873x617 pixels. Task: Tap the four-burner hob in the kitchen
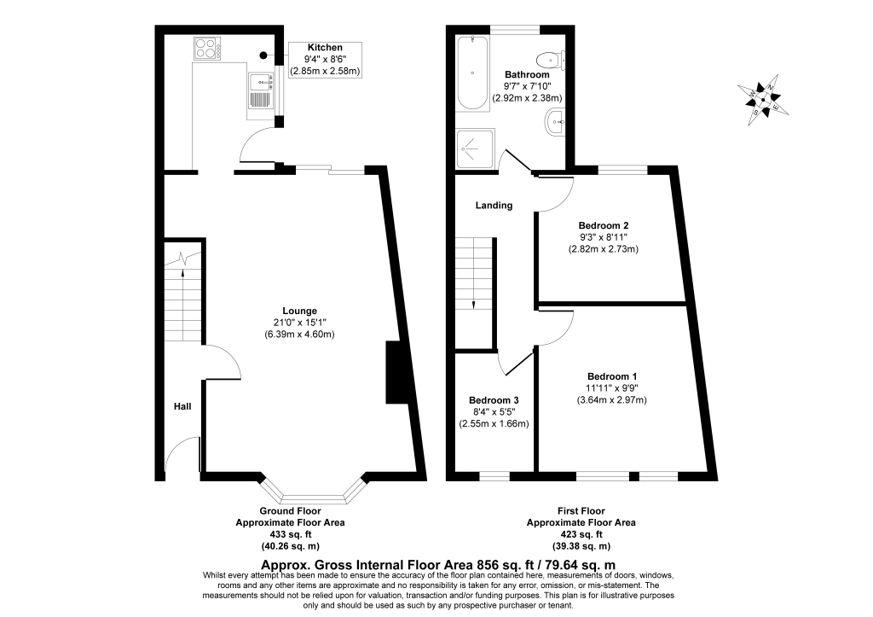(207, 48)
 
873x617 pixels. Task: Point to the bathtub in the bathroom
(472, 73)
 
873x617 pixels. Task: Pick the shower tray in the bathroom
(475, 148)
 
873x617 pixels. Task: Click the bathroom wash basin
(554, 122)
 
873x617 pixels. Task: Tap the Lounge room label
(299, 311)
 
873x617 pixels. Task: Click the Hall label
(182, 406)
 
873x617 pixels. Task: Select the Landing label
(494, 205)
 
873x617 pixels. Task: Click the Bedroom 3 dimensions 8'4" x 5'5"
(494, 412)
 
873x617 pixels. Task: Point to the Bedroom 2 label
(604, 226)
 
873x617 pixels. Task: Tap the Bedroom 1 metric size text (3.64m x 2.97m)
(612, 399)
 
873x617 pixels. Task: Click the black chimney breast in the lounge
(396, 372)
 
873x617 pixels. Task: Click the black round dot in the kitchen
(263, 55)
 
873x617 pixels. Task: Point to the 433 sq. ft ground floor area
(290, 534)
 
